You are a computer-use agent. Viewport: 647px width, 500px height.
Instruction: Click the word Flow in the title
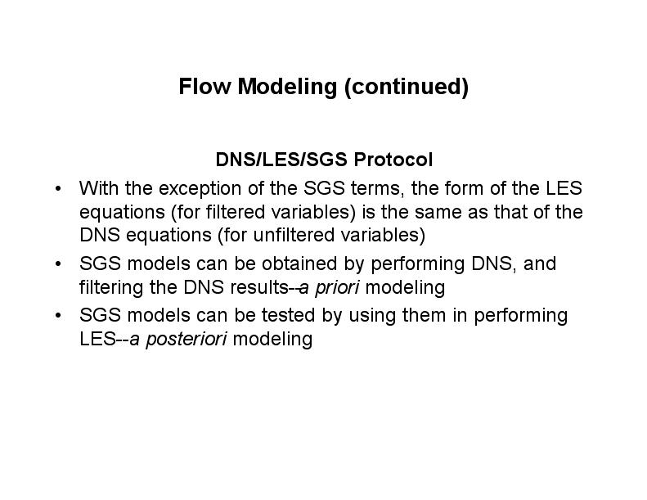[x=204, y=86]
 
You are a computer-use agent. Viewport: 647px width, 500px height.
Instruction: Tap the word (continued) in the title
[x=407, y=88]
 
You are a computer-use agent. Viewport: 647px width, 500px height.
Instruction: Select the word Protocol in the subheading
[x=393, y=160]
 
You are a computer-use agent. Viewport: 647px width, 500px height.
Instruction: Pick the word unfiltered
[x=294, y=235]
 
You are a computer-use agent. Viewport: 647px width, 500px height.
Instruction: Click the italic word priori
[x=337, y=288]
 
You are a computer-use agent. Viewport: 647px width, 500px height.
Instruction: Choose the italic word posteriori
[x=186, y=340]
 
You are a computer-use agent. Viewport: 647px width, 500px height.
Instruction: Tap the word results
[x=259, y=287]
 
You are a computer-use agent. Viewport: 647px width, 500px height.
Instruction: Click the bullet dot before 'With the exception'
[x=58, y=189]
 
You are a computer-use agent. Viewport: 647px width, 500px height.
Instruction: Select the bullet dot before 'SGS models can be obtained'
[x=58, y=264]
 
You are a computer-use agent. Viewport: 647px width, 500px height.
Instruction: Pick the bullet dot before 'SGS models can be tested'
[x=58, y=316]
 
